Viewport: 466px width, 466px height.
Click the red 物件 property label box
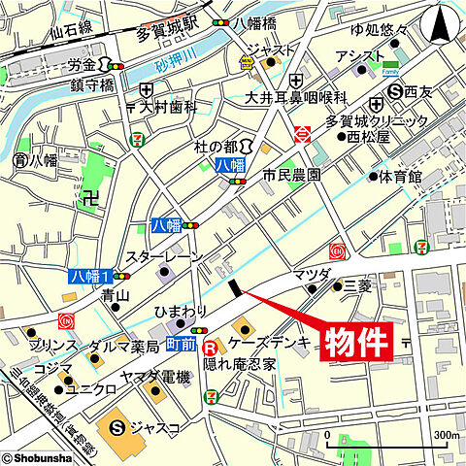click(356, 344)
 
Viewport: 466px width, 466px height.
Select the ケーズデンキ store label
click(272, 342)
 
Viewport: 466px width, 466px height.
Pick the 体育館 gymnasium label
click(401, 177)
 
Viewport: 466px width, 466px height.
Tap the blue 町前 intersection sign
click(182, 345)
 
